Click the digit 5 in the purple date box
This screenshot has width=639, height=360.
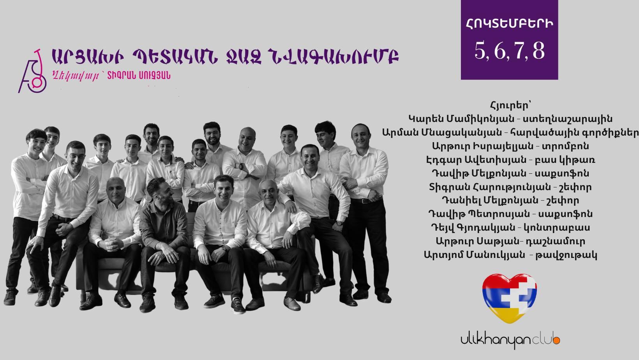tap(480, 51)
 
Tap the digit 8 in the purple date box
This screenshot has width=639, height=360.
tap(538, 51)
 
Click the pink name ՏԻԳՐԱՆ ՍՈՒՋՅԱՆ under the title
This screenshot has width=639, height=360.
tap(139, 76)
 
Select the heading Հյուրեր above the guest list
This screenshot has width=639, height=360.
tap(510, 105)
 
